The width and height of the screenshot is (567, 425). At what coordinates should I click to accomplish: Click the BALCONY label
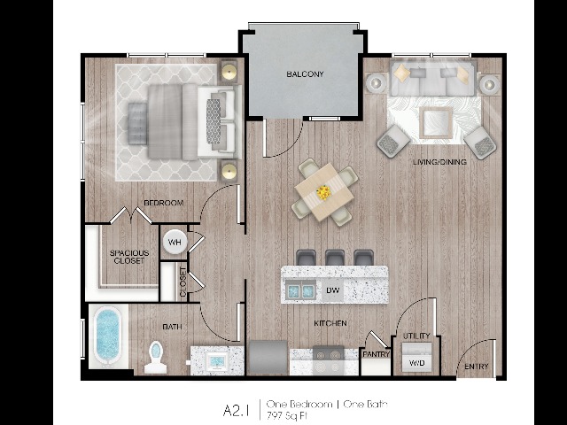click(305, 74)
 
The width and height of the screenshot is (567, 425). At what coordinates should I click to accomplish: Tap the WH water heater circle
click(175, 242)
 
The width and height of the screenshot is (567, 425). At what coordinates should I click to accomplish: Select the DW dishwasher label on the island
click(333, 290)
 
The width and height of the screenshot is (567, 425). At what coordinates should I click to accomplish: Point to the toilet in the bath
click(156, 357)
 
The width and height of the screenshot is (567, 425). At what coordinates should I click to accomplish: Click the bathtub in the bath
click(108, 336)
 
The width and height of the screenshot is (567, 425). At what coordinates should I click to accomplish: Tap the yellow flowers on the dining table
click(323, 192)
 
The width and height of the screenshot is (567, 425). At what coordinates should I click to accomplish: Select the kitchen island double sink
click(300, 290)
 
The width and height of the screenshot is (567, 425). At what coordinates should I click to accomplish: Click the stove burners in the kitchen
click(328, 360)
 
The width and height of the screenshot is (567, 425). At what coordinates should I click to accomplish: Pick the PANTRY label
click(376, 354)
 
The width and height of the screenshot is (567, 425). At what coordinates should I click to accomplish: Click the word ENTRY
click(477, 367)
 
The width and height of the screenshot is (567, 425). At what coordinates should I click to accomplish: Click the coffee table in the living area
click(437, 123)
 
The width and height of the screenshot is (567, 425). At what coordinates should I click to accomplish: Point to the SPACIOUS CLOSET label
click(129, 257)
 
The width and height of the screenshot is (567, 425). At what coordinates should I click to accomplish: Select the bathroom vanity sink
click(216, 360)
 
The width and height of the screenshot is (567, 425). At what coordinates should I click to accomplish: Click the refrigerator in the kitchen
click(268, 358)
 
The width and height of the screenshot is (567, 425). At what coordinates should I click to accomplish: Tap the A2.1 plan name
click(237, 411)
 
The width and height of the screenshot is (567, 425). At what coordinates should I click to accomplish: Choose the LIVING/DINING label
click(439, 162)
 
